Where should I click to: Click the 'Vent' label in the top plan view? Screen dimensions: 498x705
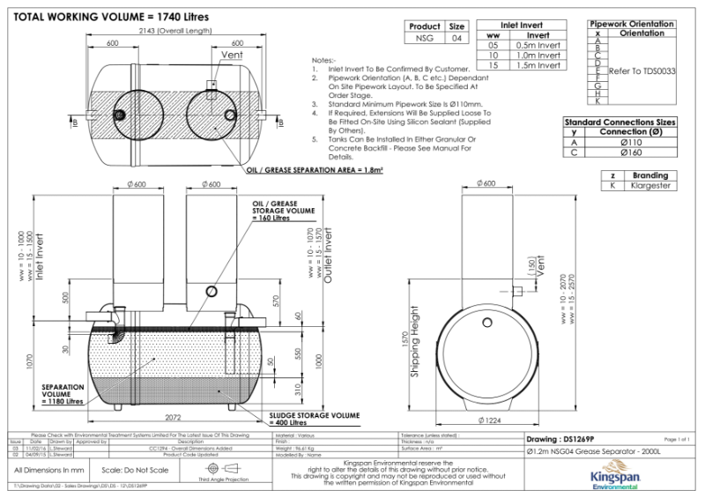232,56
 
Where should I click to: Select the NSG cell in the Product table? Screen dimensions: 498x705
425,38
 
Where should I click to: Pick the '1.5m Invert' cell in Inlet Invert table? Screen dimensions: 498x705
537,65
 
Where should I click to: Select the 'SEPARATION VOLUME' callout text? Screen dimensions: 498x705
63,391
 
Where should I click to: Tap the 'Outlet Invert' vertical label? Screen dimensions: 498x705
327,255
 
